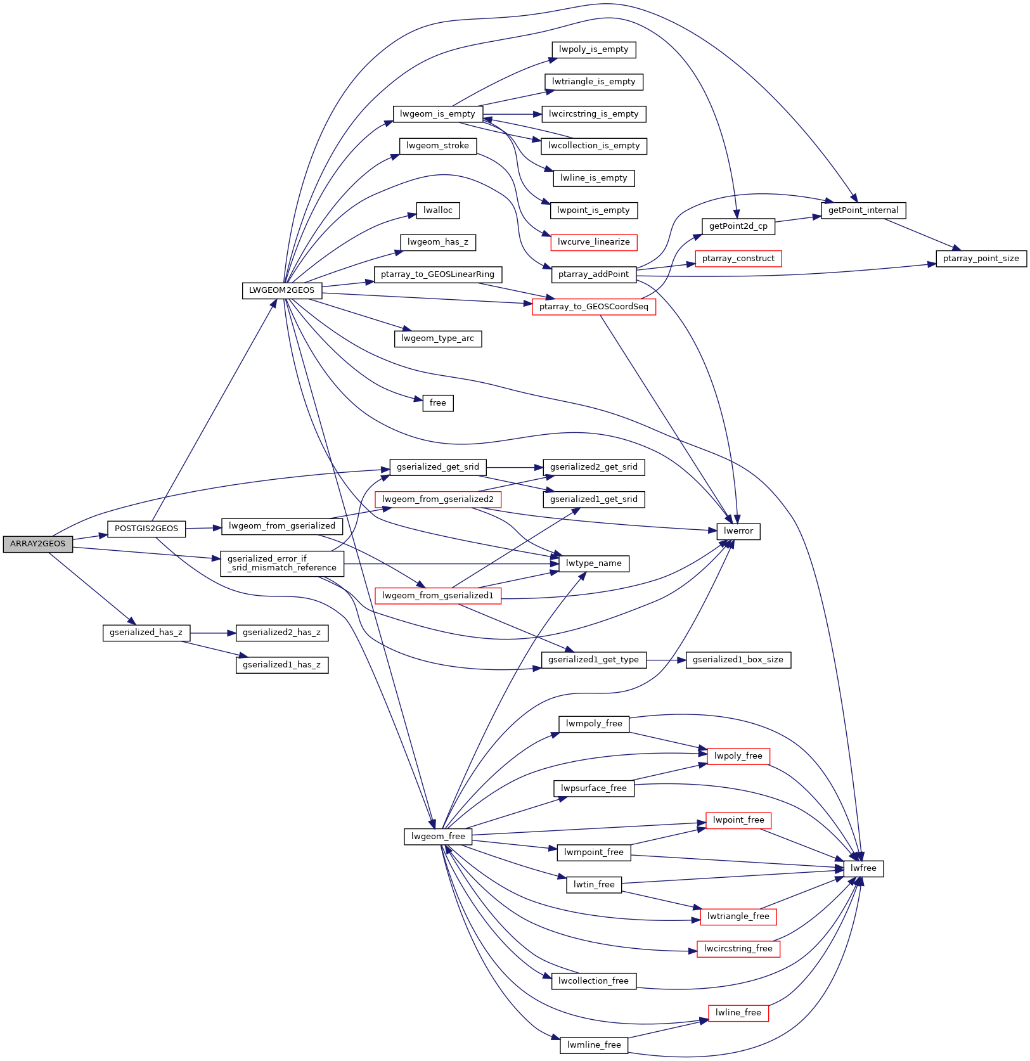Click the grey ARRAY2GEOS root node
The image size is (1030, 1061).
[x=38, y=544]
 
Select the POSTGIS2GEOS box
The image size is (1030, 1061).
[x=146, y=529]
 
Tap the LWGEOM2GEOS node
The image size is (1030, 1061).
[x=281, y=290]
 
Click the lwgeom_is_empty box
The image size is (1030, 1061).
[x=438, y=114]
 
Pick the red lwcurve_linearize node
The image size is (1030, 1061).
[x=594, y=242]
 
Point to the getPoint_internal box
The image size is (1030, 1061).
[x=863, y=210]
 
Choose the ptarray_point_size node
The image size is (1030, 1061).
[x=981, y=259]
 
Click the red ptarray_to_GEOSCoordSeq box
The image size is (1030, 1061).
[x=594, y=307]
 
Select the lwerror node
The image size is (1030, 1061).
[x=738, y=531]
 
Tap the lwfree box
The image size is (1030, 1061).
[x=863, y=868]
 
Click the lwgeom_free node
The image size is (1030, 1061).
[x=438, y=837]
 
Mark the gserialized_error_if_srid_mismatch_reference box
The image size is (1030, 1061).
[x=282, y=563]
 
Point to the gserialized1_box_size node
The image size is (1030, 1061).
[x=738, y=660]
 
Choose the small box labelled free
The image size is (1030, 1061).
[x=438, y=403]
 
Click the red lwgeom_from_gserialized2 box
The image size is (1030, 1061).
[x=438, y=499]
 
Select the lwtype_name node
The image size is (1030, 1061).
[x=594, y=563]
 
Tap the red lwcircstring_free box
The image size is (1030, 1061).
[x=738, y=949]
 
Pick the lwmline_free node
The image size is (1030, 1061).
[x=594, y=1045]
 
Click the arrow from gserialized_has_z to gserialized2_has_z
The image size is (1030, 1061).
[x=213, y=633]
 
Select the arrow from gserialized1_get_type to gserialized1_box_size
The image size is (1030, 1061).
[x=666, y=660]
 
